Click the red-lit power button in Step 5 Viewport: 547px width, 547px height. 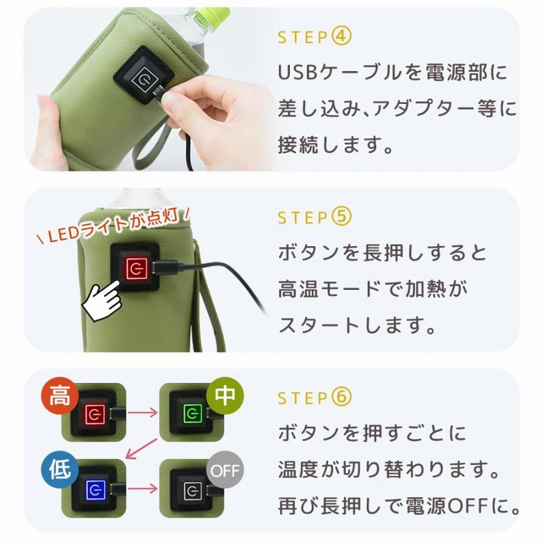(136, 268)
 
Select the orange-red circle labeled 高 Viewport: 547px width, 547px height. (59, 396)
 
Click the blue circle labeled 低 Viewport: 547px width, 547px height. (59, 470)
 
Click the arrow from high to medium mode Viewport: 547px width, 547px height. (142, 413)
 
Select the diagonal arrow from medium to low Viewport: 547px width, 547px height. (142, 449)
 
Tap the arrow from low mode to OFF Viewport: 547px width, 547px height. (142, 488)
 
